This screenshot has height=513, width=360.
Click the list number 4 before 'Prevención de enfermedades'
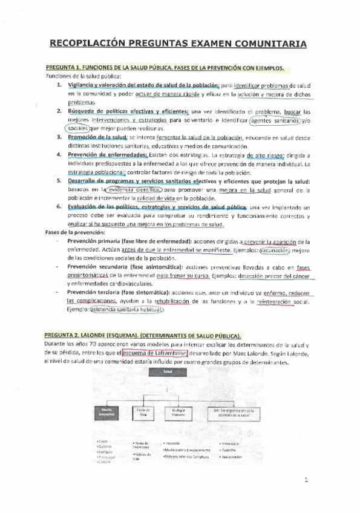pyautogui.click(x=59, y=154)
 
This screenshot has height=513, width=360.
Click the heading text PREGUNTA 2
pyautogui.click(x=64, y=335)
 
